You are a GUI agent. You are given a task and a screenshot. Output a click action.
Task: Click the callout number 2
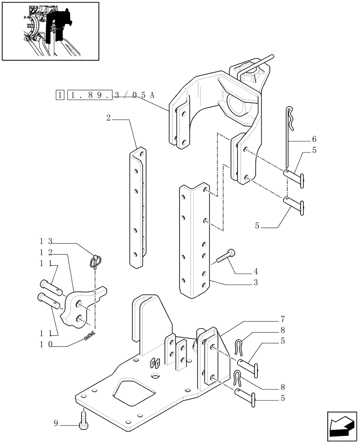[109, 118]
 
